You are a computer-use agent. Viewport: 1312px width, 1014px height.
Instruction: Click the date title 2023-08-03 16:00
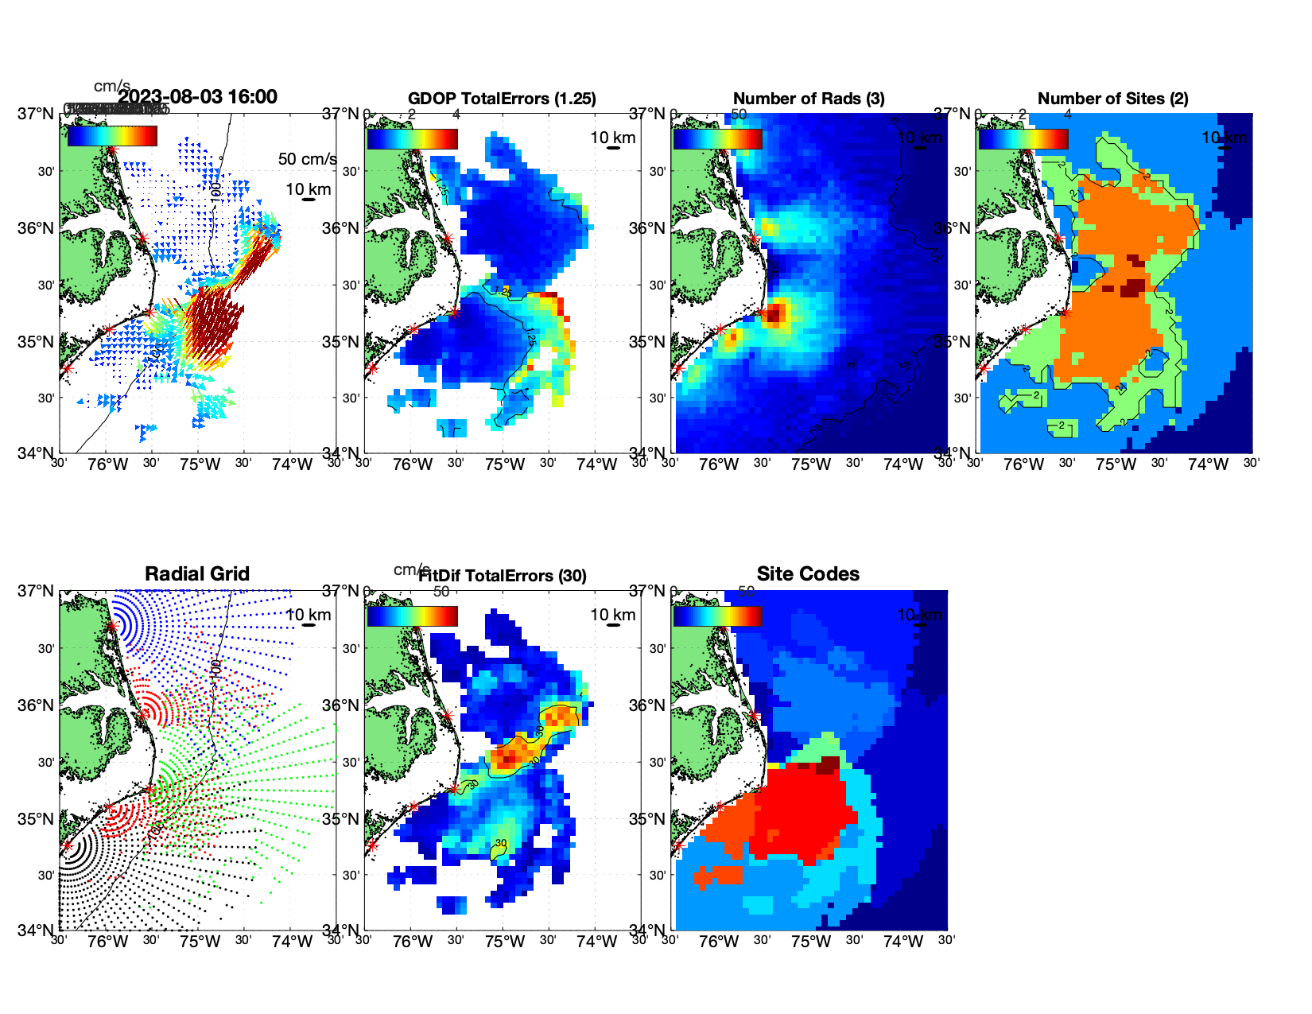[x=197, y=97]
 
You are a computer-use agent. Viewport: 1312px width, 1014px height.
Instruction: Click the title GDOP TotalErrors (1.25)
[x=502, y=99]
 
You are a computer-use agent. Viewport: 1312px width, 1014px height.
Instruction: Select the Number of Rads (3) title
[x=809, y=99]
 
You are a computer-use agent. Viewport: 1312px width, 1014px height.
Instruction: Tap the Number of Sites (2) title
[x=1113, y=99]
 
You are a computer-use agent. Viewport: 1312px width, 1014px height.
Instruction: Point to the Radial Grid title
[x=197, y=574]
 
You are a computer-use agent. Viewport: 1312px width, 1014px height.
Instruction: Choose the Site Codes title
[x=808, y=574]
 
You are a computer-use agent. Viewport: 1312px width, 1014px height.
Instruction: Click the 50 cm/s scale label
[x=307, y=159]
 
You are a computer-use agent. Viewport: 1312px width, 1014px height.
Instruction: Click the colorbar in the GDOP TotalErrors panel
[x=413, y=139]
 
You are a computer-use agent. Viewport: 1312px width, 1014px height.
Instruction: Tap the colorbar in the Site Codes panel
[x=718, y=616]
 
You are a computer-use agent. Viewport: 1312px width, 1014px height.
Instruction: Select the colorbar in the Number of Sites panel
[x=1023, y=139]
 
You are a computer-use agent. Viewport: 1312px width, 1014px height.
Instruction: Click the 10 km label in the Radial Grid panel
[x=309, y=615]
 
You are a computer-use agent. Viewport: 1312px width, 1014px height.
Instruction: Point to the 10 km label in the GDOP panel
[x=612, y=138]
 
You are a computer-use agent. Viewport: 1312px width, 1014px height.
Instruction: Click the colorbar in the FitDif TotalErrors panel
[x=413, y=616]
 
